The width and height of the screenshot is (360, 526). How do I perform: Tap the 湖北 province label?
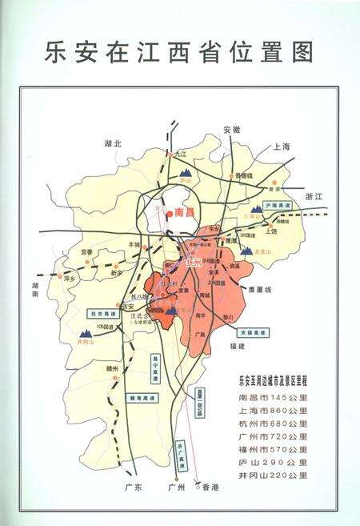click(x=112, y=143)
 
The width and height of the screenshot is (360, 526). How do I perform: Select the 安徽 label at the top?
click(x=231, y=129)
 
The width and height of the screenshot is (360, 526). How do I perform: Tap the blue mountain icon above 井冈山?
click(x=85, y=332)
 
